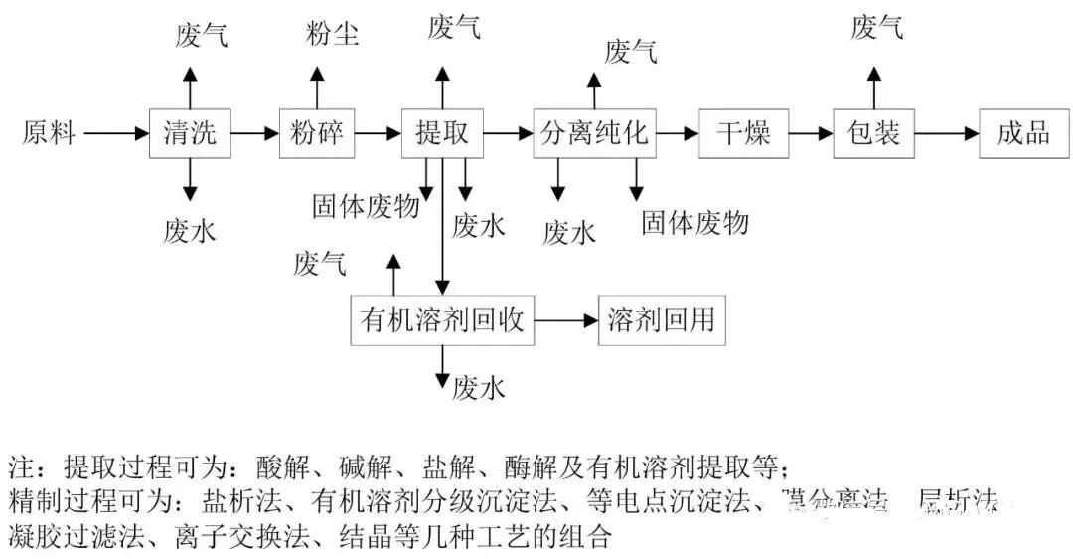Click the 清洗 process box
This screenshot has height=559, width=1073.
[190, 132]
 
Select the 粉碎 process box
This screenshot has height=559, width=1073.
[317, 132]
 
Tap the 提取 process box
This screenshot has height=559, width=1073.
[442, 132]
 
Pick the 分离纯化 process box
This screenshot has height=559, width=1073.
[594, 132]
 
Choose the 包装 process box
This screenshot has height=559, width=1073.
[873, 132]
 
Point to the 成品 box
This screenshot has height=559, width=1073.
[1022, 132]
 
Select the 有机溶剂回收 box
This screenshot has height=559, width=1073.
[442, 320]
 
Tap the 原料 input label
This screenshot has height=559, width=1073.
[49, 132]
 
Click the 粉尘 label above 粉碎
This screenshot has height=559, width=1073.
[331, 36]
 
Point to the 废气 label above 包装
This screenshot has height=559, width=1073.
[876, 28]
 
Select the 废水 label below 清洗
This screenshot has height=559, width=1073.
[189, 231]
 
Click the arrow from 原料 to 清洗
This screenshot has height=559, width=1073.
[116, 132]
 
